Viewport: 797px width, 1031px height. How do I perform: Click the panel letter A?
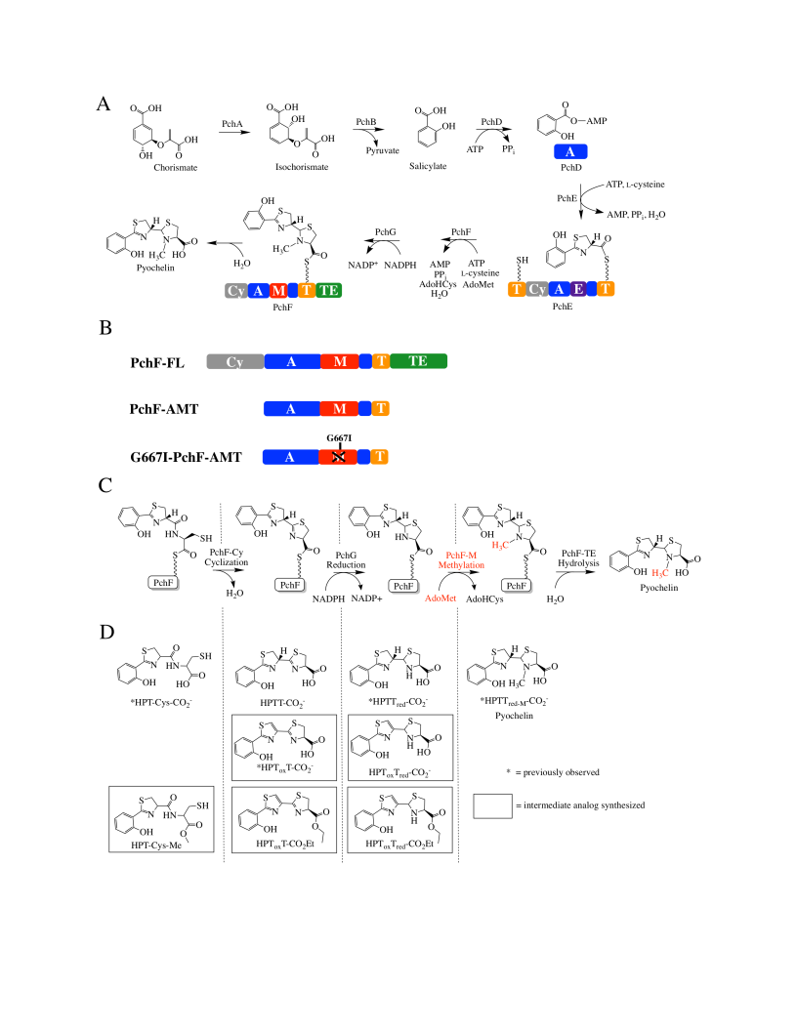click(104, 103)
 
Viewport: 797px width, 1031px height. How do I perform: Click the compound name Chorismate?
click(176, 168)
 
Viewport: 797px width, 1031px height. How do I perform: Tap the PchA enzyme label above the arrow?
click(232, 124)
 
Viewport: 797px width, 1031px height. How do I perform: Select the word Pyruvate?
click(383, 150)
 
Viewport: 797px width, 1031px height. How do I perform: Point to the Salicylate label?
click(428, 166)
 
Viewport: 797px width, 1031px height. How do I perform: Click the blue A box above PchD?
click(570, 152)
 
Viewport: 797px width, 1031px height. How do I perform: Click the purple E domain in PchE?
click(578, 289)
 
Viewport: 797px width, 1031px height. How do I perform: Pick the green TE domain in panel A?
click(329, 290)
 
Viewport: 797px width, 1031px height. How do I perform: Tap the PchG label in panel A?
click(386, 232)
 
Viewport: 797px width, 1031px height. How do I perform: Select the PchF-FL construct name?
click(157, 363)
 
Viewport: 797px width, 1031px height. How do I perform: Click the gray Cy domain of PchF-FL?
click(235, 361)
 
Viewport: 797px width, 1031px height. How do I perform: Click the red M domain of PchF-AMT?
click(339, 409)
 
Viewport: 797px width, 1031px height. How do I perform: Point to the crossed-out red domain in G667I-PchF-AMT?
click(338, 457)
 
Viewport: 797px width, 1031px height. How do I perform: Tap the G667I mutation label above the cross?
click(339, 438)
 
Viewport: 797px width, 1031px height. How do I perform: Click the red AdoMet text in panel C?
click(440, 598)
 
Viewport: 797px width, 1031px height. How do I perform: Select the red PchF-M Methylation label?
click(462, 560)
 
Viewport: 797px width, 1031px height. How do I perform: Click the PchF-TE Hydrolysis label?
click(578, 558)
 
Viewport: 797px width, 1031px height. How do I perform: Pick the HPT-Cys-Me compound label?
click(156, 845)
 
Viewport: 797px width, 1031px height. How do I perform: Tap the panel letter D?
click(106, 632)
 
